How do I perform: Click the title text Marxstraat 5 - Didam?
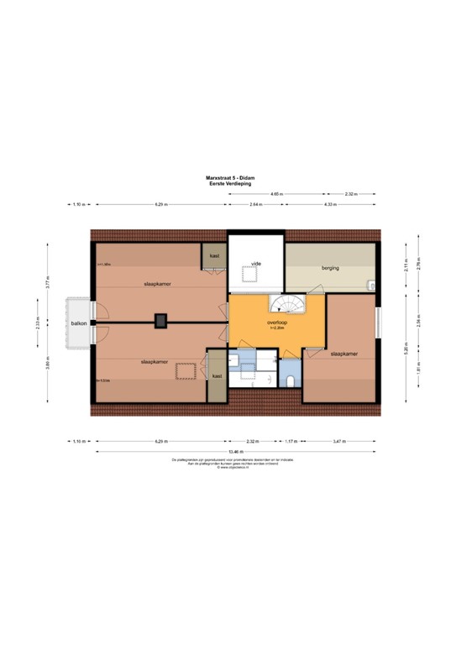pos(228,178)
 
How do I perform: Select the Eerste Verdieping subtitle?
pos(228,184)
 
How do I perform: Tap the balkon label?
pos(78,322)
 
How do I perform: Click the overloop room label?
pos(278,322)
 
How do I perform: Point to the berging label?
pos(330,268)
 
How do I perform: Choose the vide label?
pos(257,264)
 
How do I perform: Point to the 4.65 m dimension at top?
pos(277,193)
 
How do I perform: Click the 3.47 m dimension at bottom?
pos(338,441)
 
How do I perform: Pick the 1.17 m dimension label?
pos(290,441)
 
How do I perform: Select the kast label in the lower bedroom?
pos(217,376)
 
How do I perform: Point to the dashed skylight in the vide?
pos(249,274)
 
